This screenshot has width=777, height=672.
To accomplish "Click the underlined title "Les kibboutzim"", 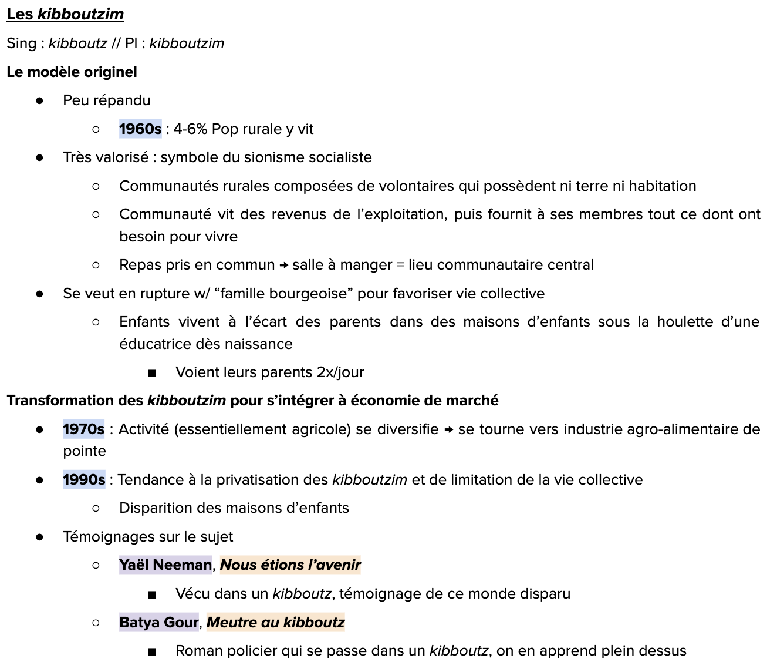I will coord(65,14).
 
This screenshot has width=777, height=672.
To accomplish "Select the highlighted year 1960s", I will coord(140,129).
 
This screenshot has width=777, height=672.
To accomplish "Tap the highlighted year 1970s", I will coord(83,429).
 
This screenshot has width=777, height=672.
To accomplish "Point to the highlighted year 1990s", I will coord(84,480).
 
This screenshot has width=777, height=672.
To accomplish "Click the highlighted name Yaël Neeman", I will coord(165,565).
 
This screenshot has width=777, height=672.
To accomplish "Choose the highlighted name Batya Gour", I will coord(159,623).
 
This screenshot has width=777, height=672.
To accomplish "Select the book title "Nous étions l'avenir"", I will coord(290,565).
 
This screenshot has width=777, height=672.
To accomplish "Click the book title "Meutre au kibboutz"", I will coord(275,623).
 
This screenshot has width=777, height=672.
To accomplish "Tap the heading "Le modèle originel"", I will coord(72,72).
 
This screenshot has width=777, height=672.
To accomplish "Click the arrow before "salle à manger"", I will coord(283,266).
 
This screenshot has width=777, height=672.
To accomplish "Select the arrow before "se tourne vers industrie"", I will coord(448,430).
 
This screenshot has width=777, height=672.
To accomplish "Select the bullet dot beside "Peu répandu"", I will coord(39,101).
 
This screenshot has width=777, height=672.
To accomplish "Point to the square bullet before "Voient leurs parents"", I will coord(152,373).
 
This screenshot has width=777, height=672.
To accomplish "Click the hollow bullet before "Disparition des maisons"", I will coord(96,509).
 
